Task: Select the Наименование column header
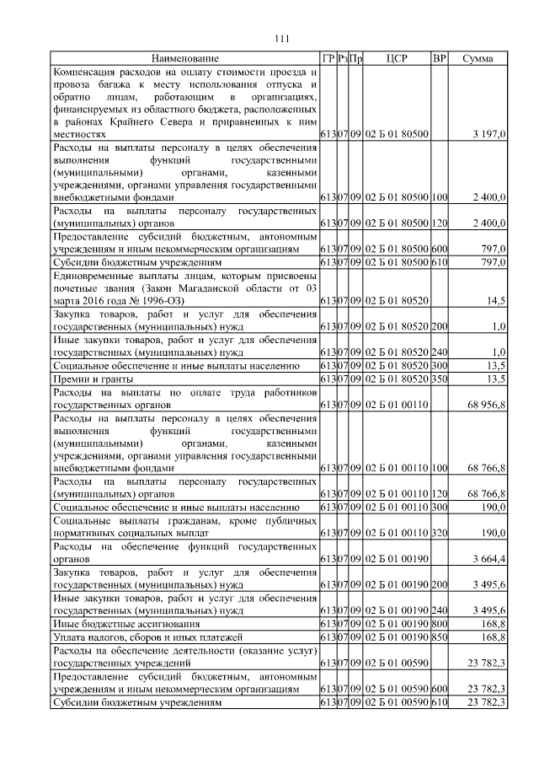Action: (x=185, y=58)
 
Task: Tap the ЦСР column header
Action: (x=397, y=58)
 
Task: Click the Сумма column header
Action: (x=478, y=58)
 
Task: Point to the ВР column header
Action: (x=439, y=58)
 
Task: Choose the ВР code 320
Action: (x=439, y=533)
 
